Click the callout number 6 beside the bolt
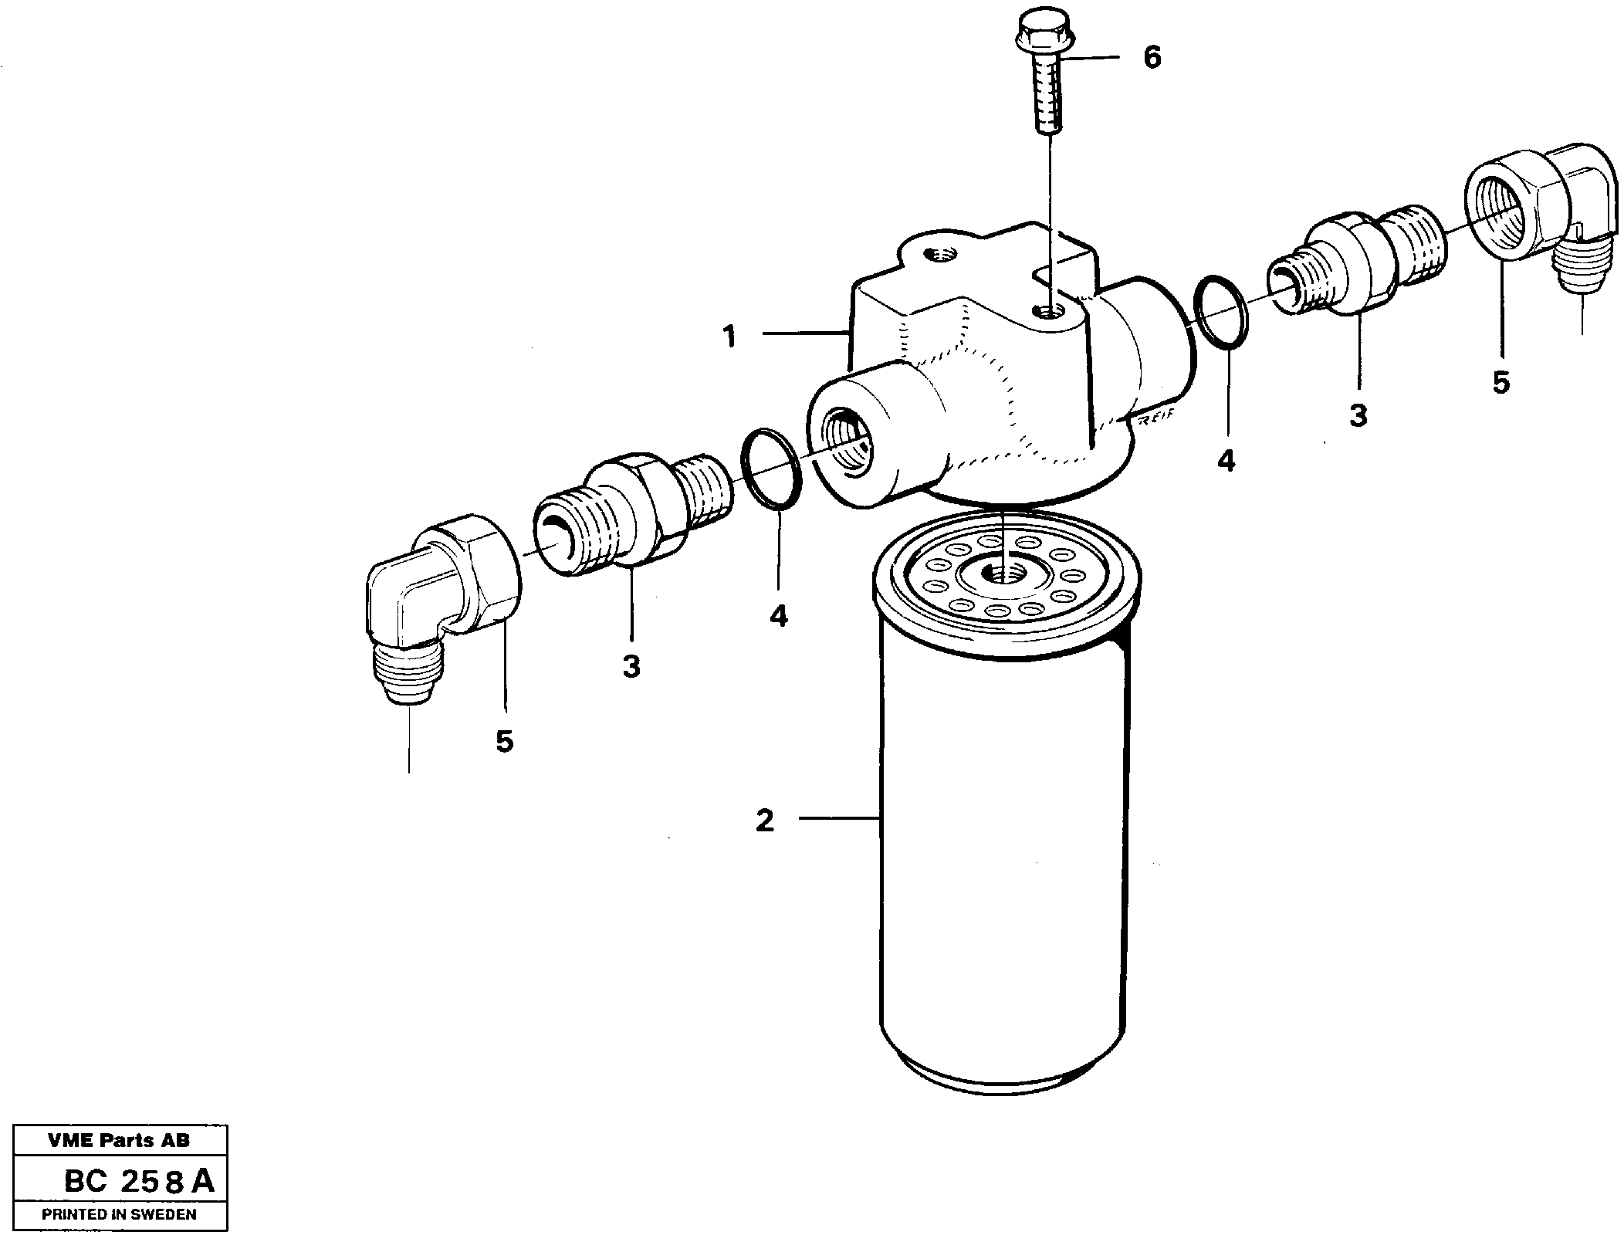1151,58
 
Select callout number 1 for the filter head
729,337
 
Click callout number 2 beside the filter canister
764,821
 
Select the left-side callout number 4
778,615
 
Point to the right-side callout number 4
1226,461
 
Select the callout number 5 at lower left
504,742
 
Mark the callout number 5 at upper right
1501,383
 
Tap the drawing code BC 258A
139,1181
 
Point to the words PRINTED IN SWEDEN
119,1214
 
